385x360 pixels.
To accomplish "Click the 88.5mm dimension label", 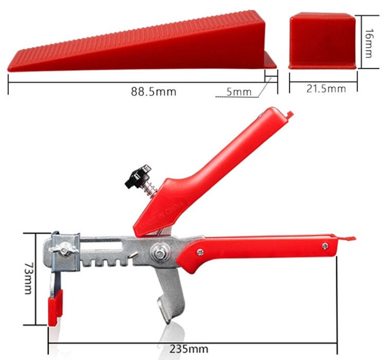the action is (153, 91).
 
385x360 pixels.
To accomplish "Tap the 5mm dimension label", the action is (239, 92).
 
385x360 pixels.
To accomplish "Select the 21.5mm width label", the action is (326, 89).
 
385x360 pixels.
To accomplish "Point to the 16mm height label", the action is (368, 43).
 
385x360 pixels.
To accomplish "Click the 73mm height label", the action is (28, 278).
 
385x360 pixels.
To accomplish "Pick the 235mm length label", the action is (188, 349).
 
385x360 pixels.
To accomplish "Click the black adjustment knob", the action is (138, 176).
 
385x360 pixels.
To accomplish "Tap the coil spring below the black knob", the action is (150, 190).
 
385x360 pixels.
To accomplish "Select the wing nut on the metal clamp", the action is (64, 249).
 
